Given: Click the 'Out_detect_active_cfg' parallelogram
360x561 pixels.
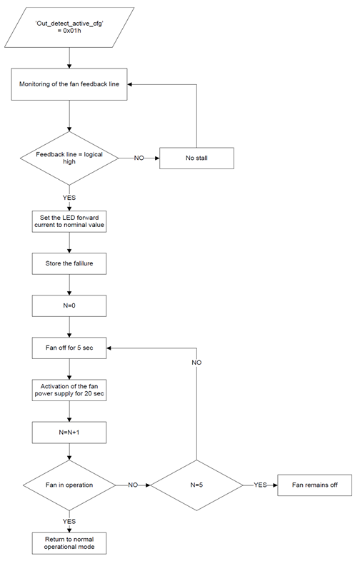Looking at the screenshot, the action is point(69,27).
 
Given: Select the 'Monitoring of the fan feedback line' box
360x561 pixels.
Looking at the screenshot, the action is point(69,84).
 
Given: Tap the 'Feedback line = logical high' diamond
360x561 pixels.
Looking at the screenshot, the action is point(69,158).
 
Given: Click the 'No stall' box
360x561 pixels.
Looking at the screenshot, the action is point(196,158).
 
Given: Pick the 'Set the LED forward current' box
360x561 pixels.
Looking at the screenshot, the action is point(69,221).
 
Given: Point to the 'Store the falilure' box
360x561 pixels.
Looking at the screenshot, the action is point(69,263).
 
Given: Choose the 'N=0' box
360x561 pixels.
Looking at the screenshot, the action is point(69,306).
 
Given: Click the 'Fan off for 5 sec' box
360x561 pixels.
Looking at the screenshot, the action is point(69,348).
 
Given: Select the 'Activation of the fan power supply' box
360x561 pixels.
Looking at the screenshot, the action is point(69,390).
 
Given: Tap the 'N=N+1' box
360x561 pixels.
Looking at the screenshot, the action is point(69,433).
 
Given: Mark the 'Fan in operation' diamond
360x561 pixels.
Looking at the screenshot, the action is point(69,485).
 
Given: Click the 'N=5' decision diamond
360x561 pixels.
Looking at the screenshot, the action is point(196,485).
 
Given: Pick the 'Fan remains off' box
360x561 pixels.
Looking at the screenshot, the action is point(315,485).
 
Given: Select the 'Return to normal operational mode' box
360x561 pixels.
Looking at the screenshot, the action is point(69,543).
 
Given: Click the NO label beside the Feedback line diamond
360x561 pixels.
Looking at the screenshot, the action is point(139,158).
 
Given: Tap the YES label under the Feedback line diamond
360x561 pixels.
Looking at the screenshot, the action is point(69,198).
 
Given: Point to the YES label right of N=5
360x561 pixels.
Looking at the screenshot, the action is point(261,485).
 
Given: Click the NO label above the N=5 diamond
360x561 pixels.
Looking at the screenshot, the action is point(196,363).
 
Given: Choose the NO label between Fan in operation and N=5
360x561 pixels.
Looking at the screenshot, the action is point(133,485).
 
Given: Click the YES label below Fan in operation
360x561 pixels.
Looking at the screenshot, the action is point(69,521).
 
